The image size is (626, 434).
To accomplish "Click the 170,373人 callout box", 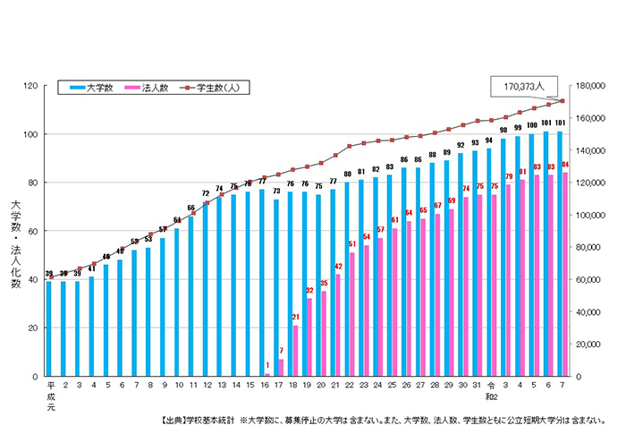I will click(x=524, y=87).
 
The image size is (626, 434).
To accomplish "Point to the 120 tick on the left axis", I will click(x=30, y=86).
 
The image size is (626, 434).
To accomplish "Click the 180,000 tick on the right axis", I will click(x=593, y=86).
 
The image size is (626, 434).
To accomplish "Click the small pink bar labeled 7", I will click(x=281, y=367).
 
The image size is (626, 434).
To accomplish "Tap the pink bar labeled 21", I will click(x=295, y=350).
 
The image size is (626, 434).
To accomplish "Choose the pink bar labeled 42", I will click(x=338, y=325).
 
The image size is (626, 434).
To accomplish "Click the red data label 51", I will click(x=352, y=244).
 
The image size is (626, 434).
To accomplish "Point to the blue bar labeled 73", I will click(x=275, y=287).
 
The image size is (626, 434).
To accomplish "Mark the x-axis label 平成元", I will click(x=50, y=395).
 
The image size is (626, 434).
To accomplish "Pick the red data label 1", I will click(x=266, y=364).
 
